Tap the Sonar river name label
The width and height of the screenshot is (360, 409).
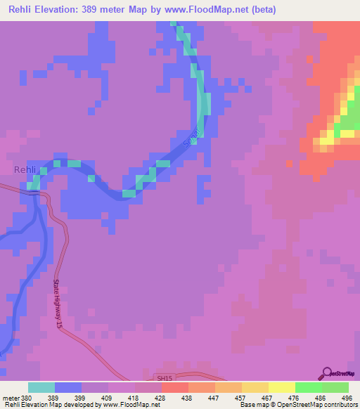pos(191,137)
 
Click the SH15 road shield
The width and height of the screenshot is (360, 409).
pos(165,378)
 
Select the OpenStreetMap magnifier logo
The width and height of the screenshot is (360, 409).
pos(327,374)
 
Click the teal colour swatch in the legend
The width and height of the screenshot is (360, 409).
pos(41,387)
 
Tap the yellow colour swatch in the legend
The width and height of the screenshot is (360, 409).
pos(281,387)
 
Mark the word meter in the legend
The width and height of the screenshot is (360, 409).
pos(11,397)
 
